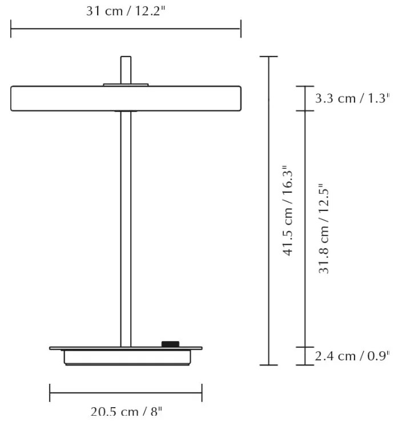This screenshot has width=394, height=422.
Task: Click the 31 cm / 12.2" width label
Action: pyautogui.click(x=126, y=11)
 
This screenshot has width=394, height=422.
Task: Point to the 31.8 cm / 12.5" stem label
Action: pyautogui.click(x=324, y=228)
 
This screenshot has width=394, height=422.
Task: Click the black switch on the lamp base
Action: pyautogui.click(x=170, y=344)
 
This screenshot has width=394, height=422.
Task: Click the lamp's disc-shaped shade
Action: pyautogui.click(x=126, y=98)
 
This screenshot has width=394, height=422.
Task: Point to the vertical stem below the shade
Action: pyautogui.click(x=126, y=228)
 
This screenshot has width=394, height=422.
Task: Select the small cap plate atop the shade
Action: pyautogui.click(x=126, y=84)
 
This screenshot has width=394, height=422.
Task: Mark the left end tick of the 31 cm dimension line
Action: pyautogui.click(x=11, y=28)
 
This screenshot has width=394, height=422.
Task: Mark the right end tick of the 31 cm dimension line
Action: pyautogui.click(x=240, y=28)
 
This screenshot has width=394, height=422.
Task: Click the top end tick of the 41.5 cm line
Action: pyautogui.click(x=268, y=56)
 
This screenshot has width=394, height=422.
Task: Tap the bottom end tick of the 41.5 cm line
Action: pyautogui.click(x=268, y=365)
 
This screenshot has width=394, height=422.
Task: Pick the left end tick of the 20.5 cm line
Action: pyautogui.click(x=50, y=392)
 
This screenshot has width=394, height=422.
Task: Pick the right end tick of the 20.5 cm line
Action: pyautogui.click(x=202, y=392)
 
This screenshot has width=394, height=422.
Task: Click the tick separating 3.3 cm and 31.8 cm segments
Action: pyautogui.click(x=305, y=111)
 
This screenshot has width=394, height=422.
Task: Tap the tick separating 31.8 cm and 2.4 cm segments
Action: pyautogui.click(x=305, y=347)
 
